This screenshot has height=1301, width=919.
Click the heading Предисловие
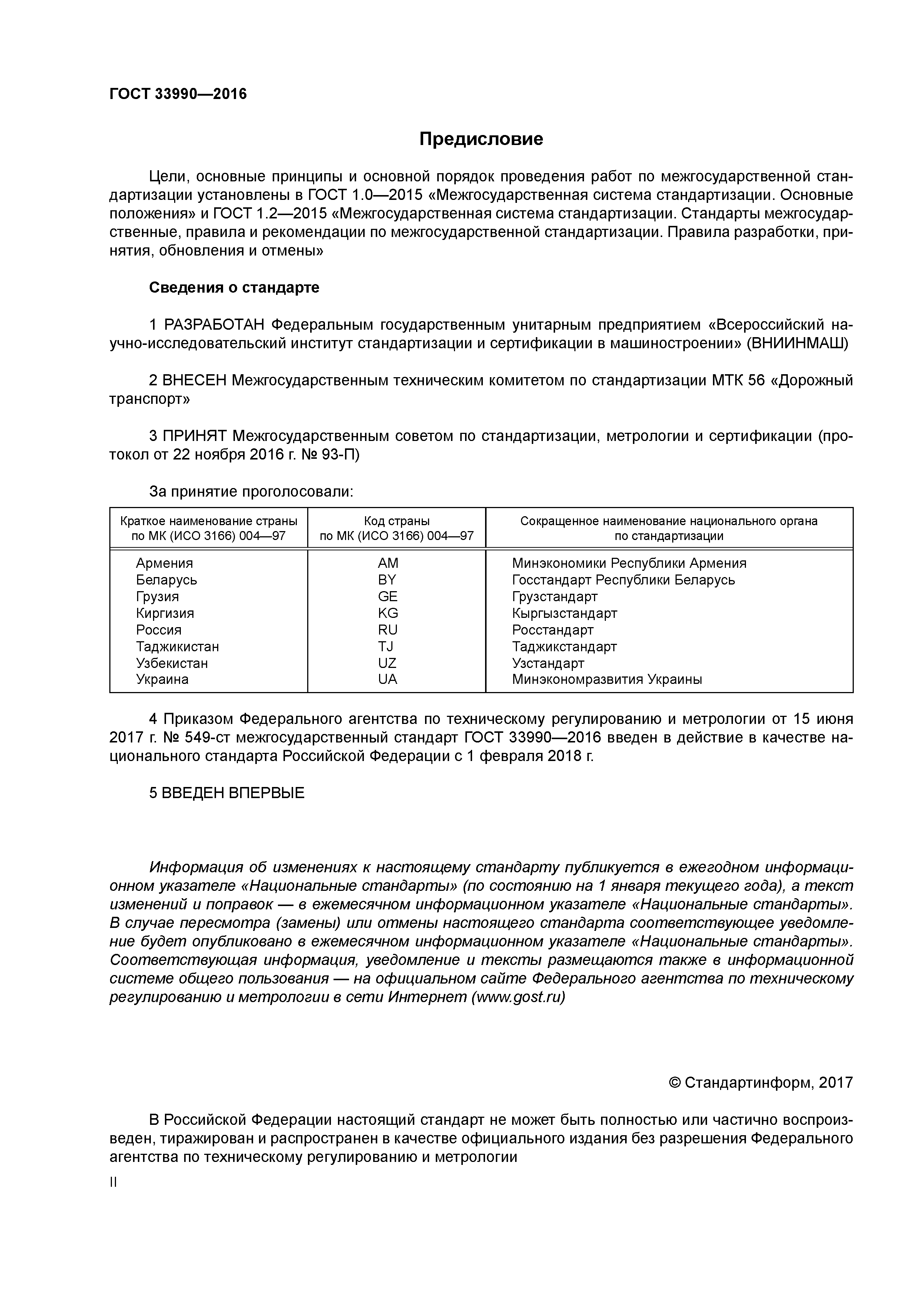click(481, 139)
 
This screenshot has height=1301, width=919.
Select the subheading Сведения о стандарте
click(234, 287)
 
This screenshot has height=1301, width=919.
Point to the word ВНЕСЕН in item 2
click(194, 380)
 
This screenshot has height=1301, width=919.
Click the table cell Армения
click(164, 563)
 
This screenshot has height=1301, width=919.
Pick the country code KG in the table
click(388, 613)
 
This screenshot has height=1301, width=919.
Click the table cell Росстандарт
click(553, 629)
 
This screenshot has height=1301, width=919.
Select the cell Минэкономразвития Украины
click(607, 679)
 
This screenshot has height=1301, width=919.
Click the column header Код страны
click(397, 521)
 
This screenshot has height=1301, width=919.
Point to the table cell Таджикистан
click(177, 646)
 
